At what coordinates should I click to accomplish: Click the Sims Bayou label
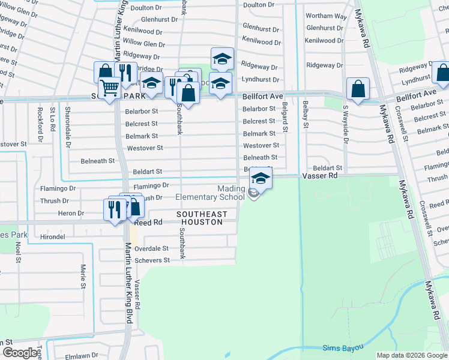pos(341,348)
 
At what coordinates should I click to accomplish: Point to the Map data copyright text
pos(412,355)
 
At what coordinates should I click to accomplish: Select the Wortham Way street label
pos(326,16)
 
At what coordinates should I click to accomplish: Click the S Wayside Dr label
pos(345,122)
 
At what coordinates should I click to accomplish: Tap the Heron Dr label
pos(71,213)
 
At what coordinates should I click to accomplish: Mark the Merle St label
pos(82,262)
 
